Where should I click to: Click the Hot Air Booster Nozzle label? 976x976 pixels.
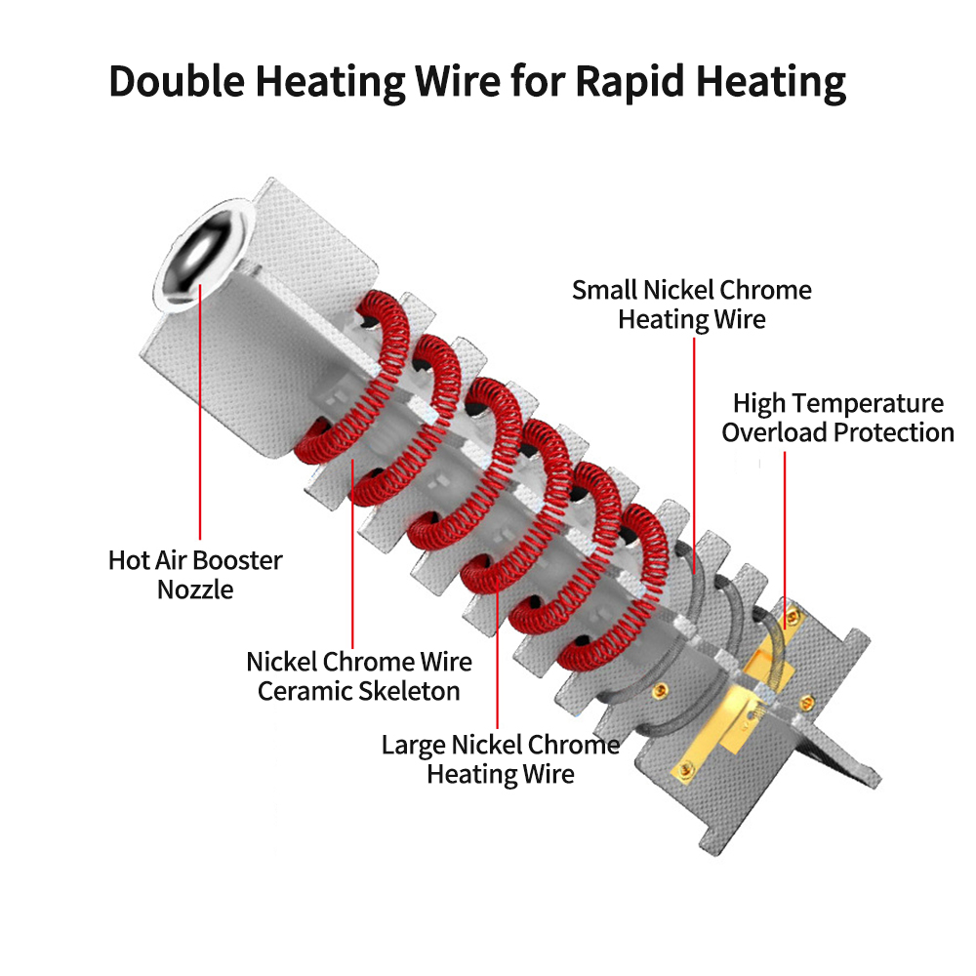coord(195,575)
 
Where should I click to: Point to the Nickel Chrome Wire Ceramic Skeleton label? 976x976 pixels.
coord(358,676)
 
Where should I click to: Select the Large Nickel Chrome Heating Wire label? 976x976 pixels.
coord(500,759)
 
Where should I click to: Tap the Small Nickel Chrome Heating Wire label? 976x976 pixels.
coord(691,304)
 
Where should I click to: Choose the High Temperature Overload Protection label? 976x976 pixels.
coord(837,417)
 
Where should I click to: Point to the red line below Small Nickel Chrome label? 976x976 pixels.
coord(694,439)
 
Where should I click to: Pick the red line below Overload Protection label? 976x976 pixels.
coord(784,527)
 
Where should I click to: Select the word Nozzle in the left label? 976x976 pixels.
coord(195,590)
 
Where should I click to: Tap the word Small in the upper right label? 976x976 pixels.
coord(604,290)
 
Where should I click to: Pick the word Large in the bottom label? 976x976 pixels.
coord(413,746)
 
